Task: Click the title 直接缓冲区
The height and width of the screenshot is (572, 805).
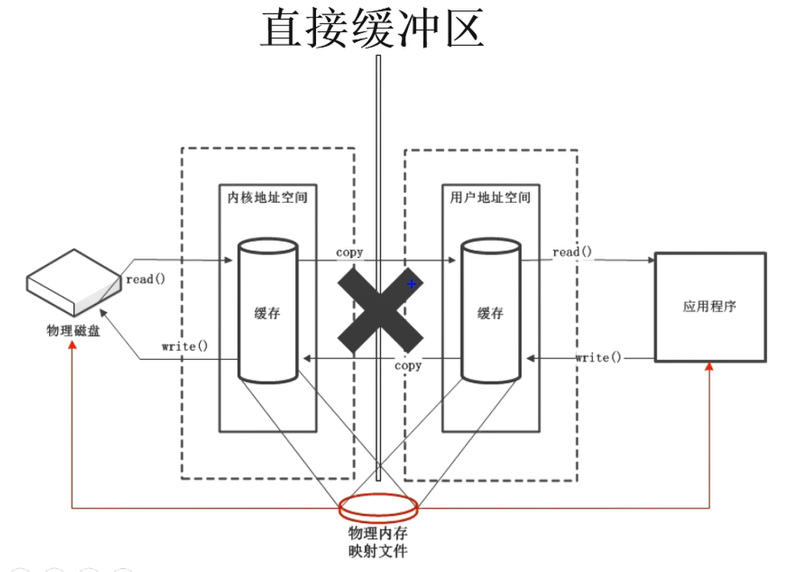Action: point(373,28)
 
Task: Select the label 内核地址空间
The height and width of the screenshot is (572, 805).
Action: point(268,198)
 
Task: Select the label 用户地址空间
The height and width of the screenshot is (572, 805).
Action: point(490,198)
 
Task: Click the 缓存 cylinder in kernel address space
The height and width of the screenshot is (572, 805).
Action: point(267,312)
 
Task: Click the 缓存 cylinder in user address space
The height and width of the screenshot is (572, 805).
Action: point(490,312)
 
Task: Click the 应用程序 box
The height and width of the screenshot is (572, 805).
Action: point(709,306)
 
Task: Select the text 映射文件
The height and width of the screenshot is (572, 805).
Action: point(379,550)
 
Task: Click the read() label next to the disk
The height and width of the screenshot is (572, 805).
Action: point(145,279)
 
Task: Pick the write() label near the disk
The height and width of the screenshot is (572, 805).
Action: point(184,346)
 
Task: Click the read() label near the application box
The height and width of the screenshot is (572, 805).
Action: point(572,252)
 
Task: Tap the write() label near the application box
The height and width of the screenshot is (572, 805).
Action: point(598,358)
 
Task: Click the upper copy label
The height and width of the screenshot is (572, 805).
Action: point(350,251)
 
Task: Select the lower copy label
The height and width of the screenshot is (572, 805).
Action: point(408,366)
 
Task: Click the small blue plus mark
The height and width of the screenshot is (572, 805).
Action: point(412,284)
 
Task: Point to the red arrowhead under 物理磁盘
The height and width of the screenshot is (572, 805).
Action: point(72,346)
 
